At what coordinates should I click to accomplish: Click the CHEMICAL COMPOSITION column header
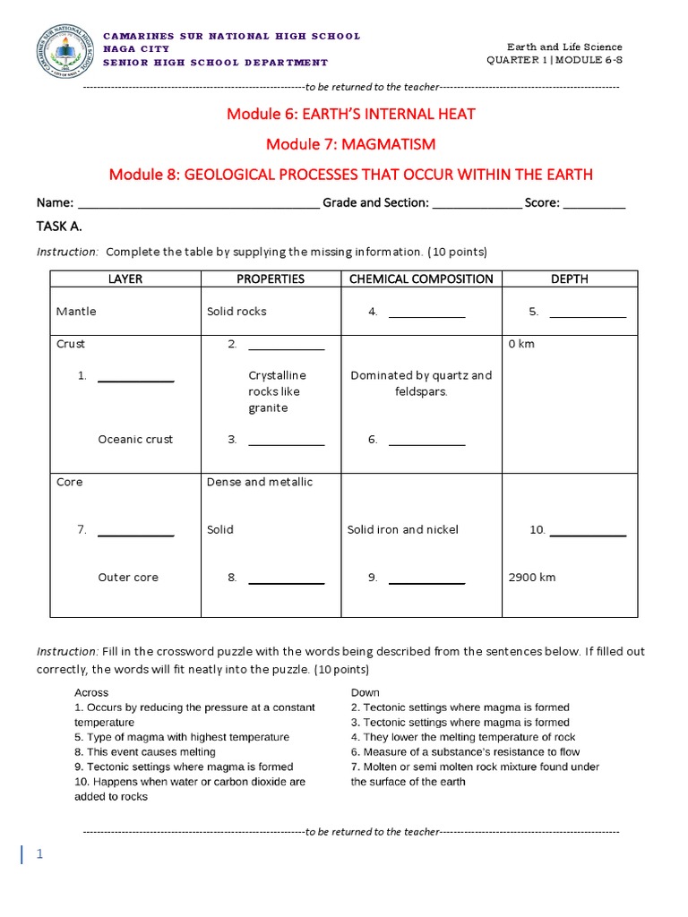click(x=421, y=279)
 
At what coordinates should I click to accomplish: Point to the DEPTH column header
click(x=570, y=279)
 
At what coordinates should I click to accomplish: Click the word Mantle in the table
click(x=76, y=312)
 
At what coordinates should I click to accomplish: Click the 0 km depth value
click(x=520, y=344)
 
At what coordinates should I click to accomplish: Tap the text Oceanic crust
click(x=135, y=439)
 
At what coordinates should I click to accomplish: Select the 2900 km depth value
click(x=531, y=577)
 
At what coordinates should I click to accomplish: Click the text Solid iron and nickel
click(x=402, y=529)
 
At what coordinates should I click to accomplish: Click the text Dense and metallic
click(x=260, y=482)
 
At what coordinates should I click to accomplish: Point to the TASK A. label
click(x=60, y=227)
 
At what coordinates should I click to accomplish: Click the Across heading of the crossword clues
click(x=91, y=692)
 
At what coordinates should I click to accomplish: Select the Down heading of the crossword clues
click(x=365, y=692)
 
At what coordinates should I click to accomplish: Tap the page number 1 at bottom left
click(x=39, y=854)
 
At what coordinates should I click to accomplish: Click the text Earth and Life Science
click(x=564, y=47)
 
